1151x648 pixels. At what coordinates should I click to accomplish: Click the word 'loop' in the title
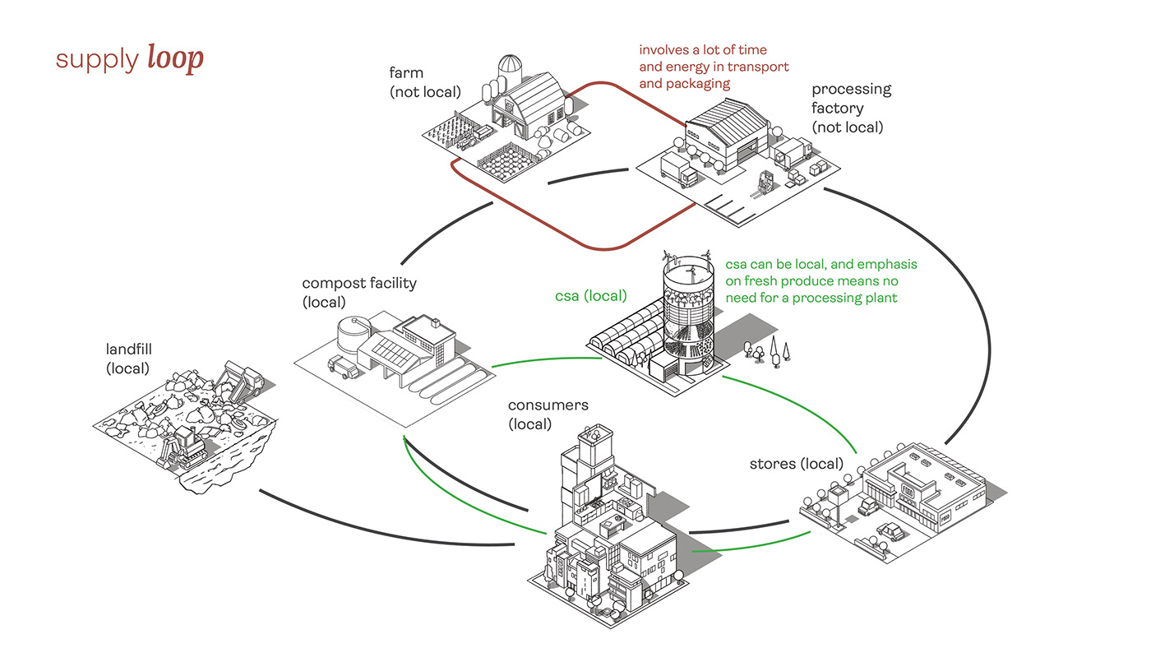(175, 59)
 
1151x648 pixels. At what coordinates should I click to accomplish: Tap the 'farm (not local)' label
(424, 82)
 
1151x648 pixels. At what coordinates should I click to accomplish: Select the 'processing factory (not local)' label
(851, 108)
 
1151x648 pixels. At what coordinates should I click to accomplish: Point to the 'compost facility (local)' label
(359, 292)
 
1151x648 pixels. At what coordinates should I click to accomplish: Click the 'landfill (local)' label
(129, 359)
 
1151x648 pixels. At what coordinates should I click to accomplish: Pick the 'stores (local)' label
(796, 464)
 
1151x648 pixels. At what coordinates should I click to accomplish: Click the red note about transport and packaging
(714, 67)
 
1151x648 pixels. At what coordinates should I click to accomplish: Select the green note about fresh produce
(820, 281)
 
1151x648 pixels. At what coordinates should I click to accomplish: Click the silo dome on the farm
(511, 63)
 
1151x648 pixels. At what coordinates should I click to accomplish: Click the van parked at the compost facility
(342, 367)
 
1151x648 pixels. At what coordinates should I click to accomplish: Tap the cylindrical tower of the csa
(689, 317)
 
